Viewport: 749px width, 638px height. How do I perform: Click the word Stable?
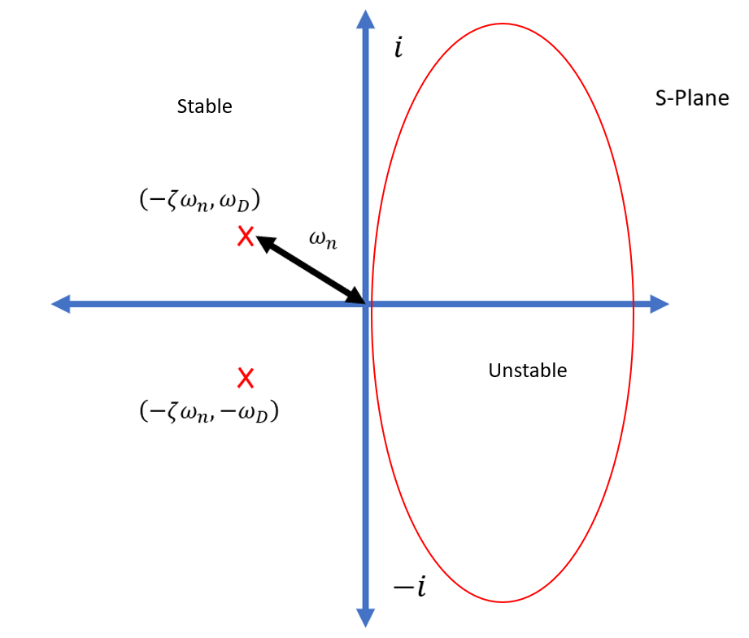pyautogui.click(x=204, y=106)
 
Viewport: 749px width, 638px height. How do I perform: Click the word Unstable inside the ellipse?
pyautogui.click(x=527, y=371)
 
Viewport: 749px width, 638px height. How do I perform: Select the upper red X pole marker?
pyautogui.click(x=245, y=237)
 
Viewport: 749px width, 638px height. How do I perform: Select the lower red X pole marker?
pyautogui.click(x=245, y=378)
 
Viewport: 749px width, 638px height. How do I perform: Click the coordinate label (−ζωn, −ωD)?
pyautogui.click(x=209, y=412)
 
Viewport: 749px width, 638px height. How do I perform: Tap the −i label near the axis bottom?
pyautogui.click(x=409, y=587)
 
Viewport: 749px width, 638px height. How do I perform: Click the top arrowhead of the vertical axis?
pyautogui.click(x=366, y=18)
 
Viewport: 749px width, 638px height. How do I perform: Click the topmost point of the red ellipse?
pyautogui.click(x=502, y=24)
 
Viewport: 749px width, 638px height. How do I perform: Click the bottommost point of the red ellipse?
pyautogui.click(x=502, y=602)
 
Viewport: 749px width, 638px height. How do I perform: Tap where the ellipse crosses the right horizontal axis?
pyautogui.click(x=634, y=305)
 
